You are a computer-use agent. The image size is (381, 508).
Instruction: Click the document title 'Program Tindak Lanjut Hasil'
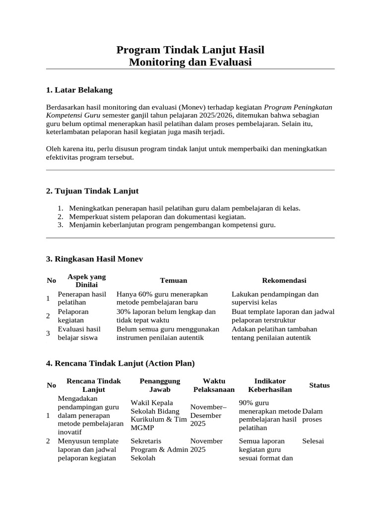[190, 50]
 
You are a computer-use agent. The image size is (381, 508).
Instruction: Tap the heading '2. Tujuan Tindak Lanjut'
[92, 191]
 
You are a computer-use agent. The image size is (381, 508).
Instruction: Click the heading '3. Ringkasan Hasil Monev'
[94, 259]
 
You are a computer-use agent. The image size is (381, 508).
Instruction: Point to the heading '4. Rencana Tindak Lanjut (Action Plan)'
[120, 363]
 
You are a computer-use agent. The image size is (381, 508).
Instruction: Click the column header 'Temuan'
[173, 281]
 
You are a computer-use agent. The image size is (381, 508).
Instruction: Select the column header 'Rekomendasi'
[284, 281]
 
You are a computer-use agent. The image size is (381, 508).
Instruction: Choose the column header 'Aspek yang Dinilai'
[86, 281]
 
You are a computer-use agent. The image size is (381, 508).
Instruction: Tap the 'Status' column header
[319, 385]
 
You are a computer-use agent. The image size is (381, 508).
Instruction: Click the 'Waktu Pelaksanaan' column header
[214, 385]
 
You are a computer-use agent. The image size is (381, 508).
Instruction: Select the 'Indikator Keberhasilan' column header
[269, 385]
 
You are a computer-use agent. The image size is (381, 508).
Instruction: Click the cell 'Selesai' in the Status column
[313, 441]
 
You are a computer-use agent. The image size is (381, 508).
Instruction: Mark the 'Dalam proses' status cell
[313, 415]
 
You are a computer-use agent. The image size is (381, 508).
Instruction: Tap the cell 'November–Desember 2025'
[208, 415]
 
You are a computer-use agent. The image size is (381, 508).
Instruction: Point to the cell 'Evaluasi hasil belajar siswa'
[79, 333]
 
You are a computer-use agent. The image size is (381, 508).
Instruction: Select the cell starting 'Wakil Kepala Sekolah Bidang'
[158, 415]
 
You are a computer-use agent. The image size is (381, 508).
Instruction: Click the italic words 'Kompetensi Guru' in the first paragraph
[73, 115]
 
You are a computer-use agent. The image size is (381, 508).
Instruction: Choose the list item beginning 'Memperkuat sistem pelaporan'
[157, 217]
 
